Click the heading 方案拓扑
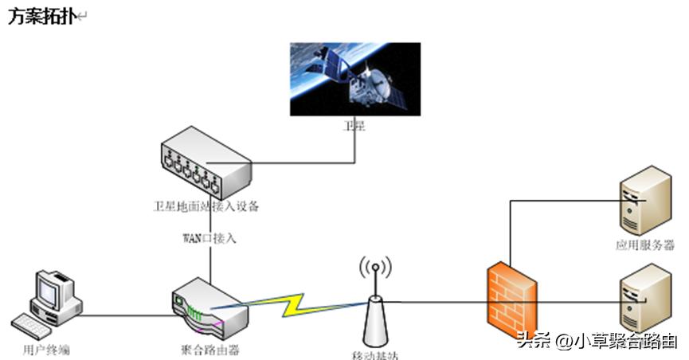pyautogui.click(x=41, y=18)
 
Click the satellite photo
pyautogui.click(x=354, y=79)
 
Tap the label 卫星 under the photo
pyautogui.click(x=354, y=126)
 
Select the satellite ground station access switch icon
pyautogui.click(x=206, y=166)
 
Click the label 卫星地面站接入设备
pyautogui.click(x=206, y=207)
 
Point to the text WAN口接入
pyautogui.click(x=209, y=237)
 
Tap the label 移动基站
pyautogui.click(x=374, y=354)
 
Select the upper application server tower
pyautogui.click(x=645, y=200)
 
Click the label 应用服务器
pyautogui.click(x=645, y=245)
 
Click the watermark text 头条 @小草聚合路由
pyautogui.click(x=597, y=341)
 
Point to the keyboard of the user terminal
pyautogui.click(x=36, y=325)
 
